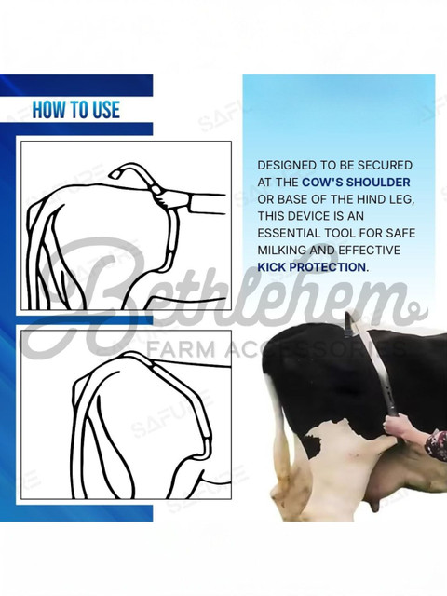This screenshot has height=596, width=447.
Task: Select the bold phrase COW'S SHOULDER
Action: point(356,183)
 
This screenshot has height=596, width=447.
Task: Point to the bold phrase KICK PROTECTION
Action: point(312,267)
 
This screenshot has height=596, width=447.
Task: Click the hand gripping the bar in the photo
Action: point(395,425)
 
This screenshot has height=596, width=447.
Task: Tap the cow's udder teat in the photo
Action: point(376,503)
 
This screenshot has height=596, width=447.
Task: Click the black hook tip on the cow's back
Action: point(348,323)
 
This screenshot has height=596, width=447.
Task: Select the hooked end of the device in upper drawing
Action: point(121,170)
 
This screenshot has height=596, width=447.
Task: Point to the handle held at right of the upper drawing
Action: point(207,203)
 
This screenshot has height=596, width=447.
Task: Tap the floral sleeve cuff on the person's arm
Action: point(437,445)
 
